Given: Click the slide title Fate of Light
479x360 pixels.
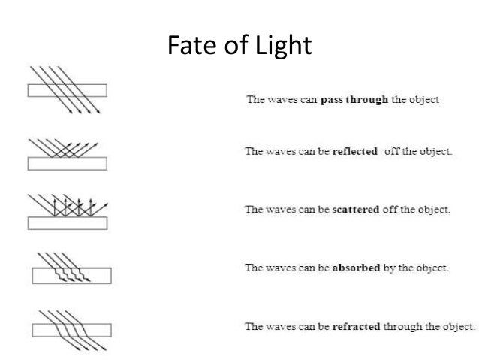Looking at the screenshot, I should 238,46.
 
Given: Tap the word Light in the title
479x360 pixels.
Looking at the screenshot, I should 283,46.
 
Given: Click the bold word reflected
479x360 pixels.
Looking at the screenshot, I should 354,150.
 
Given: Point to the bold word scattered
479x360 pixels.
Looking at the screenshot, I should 356,209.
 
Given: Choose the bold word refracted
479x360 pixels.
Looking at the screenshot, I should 356,326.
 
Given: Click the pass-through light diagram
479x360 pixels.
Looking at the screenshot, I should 67,90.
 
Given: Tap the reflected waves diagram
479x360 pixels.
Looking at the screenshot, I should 67,153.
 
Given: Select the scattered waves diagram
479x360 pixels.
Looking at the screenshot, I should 67,211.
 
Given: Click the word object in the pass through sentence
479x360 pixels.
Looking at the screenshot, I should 423,101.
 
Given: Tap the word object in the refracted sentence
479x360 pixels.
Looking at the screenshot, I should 460,326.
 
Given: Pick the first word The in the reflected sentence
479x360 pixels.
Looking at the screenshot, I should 254,150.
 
